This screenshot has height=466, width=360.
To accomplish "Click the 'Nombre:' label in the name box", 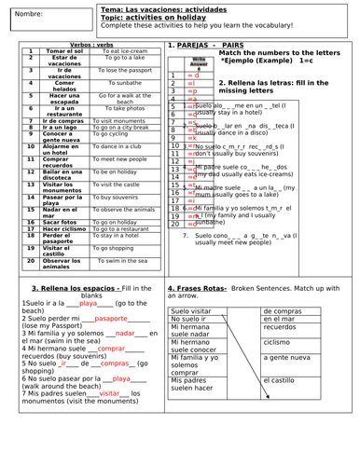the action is (x=31, y=15).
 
